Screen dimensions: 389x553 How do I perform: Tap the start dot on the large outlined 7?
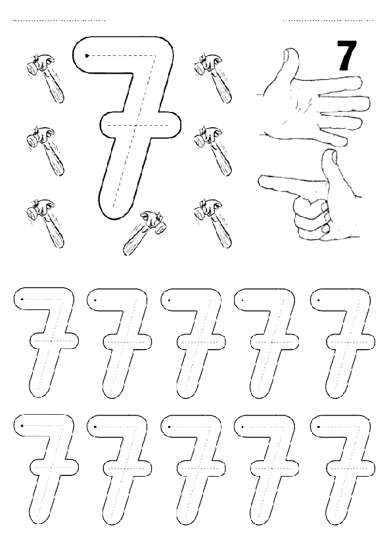[87, 55]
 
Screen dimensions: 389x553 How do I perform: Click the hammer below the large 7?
[145, 232]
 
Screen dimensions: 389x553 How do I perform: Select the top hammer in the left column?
[45, 78]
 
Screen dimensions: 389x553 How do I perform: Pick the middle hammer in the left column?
[45, 151]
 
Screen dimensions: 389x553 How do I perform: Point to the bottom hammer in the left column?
[45, 223]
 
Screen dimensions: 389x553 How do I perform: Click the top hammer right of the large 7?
[213, 78]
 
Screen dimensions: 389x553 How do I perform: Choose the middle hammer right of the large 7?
[213, 151]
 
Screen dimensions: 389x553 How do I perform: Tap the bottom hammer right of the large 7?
[213, 223]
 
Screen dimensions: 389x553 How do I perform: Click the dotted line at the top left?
[59, 20]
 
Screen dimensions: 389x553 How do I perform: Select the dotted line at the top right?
[328, 20]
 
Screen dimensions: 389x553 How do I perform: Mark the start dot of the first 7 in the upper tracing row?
[22, 300]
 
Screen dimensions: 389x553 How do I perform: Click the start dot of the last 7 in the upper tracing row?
[319, 300]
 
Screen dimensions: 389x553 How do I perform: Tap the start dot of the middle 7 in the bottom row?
[170, 427]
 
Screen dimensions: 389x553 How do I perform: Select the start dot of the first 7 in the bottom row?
[22, 426]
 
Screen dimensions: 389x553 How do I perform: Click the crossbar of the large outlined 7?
[141, 125]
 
